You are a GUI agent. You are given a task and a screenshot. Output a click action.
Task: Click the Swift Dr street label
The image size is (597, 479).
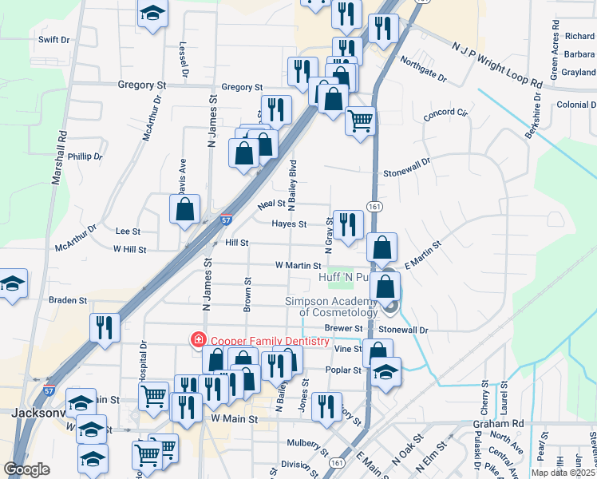pos(53,39)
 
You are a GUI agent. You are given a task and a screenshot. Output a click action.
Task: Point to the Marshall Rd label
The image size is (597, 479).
pos(57,159)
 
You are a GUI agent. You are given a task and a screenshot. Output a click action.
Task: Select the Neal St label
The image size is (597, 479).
pos(271,205)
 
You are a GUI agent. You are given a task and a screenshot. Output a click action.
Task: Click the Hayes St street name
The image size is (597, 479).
pos(289,224)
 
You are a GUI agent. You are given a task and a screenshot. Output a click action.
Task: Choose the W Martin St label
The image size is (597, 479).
pos(298,265)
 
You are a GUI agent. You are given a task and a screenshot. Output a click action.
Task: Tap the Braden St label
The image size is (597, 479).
pos(67,301)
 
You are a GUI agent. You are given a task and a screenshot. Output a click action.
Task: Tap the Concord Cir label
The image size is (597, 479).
pos(445,113)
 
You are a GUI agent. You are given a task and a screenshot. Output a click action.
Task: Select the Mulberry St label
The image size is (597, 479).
pos(308,441)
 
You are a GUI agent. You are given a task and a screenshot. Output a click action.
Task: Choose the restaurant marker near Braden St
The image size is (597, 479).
pos(105,327)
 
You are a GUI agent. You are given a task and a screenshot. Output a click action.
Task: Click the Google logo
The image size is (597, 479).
pos(26,469)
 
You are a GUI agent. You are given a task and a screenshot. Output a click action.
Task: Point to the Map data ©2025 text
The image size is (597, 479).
pos(563,473)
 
